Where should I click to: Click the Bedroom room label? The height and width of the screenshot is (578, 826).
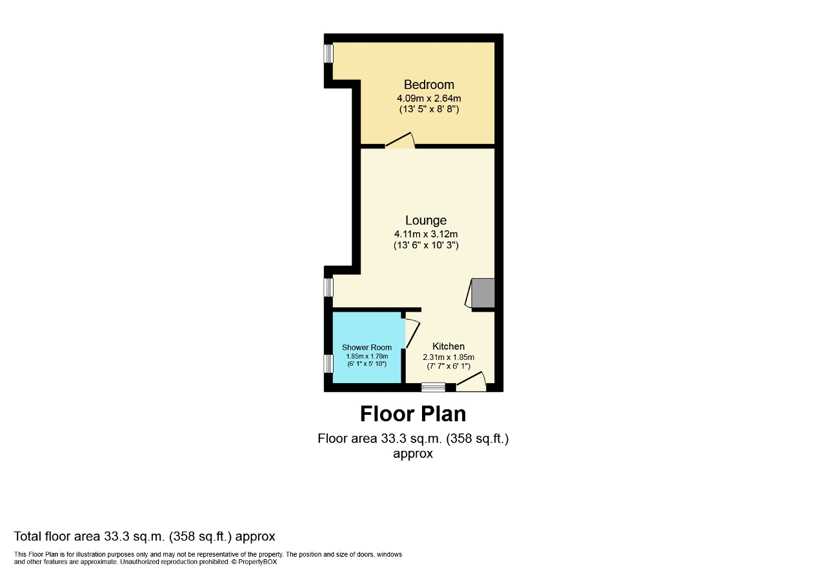coord(428,85)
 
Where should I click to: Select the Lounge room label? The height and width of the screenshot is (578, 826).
coord(426,221)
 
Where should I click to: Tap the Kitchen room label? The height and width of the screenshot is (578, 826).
coord(448,346)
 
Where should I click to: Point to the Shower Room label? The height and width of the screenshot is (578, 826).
coord(367,348)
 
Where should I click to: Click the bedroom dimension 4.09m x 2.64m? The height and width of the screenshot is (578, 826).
coord(428,98)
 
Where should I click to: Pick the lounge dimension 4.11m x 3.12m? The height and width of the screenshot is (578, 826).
coord(426,234)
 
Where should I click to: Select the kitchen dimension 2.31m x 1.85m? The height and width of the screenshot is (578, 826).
coord(448,357)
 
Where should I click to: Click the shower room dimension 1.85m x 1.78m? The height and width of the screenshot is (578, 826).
coord(367,356)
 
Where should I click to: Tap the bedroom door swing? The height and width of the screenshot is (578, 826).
coord(400,140)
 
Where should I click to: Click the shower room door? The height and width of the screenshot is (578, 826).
coord(410,333)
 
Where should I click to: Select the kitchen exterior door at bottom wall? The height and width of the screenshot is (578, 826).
coord(472,382)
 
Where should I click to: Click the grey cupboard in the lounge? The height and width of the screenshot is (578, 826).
coord(483,292)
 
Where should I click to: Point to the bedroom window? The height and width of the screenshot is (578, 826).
coord(328,53)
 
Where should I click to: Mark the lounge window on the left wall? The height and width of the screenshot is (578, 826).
coord(328,286)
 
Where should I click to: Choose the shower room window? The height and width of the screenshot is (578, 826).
coord(328,364)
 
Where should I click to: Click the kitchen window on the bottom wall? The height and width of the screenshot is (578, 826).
coord(433,387)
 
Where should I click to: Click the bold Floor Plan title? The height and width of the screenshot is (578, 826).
coord(413,413)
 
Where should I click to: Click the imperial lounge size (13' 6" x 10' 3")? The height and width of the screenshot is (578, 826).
coord(426,246)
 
